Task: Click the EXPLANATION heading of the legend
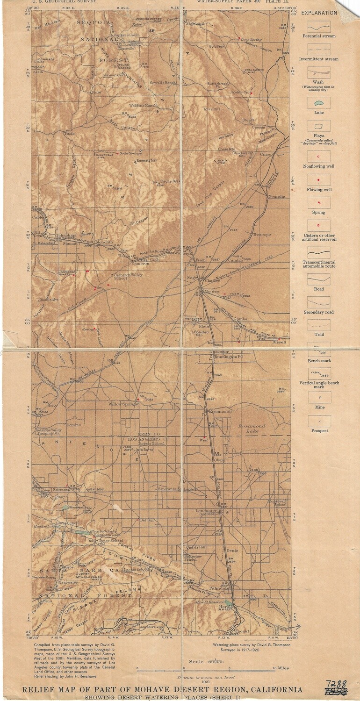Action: (319, 13)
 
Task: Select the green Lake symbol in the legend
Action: (319, 103)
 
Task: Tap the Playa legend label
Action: (319, 136)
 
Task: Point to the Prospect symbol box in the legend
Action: (319, 422)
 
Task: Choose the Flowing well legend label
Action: (319, 190)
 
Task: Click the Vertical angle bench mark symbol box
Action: (319, 373)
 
